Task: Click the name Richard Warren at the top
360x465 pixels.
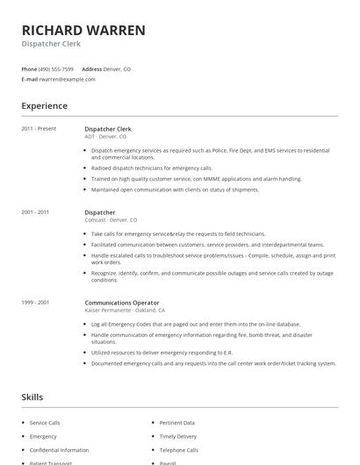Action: coord(83,30)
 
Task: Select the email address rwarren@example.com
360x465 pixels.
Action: coord(67,79)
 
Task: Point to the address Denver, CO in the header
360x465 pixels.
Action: coord(118,68)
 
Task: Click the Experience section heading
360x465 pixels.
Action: coord(44,106)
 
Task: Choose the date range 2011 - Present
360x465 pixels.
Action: coord(39,129)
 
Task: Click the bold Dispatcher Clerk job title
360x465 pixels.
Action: coord(108,129)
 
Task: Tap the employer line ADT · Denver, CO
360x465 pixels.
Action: coord(105,137)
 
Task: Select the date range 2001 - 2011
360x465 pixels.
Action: coord(36,212)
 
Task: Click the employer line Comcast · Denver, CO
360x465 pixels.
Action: coord(111,220)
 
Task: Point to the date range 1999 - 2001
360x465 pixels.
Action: coord(36,302)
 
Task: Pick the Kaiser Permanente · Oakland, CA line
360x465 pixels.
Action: coord(124,310)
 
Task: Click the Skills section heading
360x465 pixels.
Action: coord(32,397)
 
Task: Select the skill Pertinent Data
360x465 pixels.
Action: coord(176,423)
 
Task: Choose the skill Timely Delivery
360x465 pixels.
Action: coord(178,436)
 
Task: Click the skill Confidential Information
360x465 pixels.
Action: coord(59,449)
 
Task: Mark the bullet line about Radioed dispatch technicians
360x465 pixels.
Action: coord(152,168)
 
